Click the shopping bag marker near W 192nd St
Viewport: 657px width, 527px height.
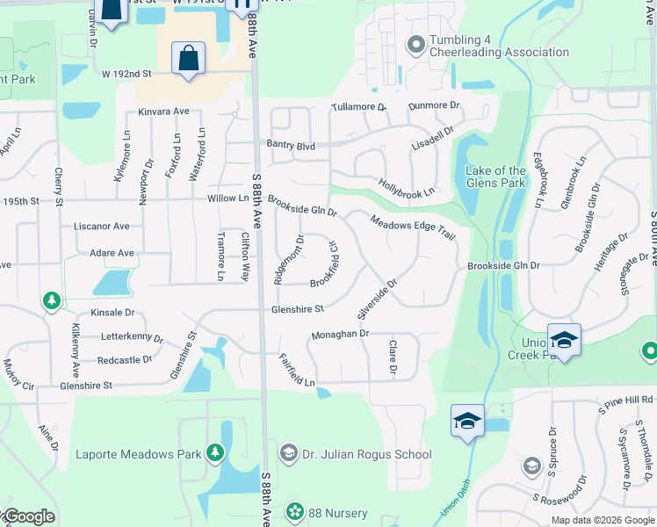coord(189,59)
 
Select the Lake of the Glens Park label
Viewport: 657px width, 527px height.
coord(496,177)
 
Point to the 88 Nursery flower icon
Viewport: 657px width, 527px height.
coord(295,510)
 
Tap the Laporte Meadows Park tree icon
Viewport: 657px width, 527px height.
coord(214,453)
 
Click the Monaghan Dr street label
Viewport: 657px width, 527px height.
coord(338,335)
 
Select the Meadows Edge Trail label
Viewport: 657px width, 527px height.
coord(412,231)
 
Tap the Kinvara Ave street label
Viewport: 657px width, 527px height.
coord(164,112)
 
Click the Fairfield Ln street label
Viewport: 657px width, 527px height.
coord(296,371)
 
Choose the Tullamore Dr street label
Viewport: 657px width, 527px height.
coord(359,107)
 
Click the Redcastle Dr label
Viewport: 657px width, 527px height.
coord(125,360)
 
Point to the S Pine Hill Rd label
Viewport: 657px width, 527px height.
coord(625,401)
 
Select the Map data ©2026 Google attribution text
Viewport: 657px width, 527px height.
coord(602,520)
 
